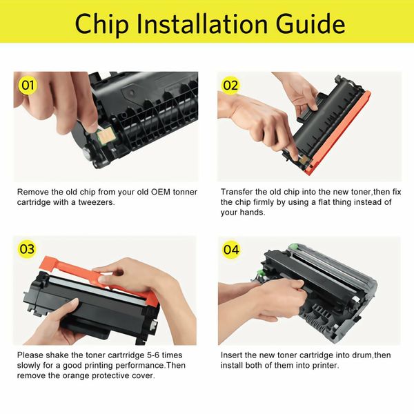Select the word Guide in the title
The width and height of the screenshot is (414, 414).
pyautogui.click(x=310, y=23)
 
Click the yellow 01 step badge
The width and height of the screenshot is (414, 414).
pyautogui.click(x=28, y=86)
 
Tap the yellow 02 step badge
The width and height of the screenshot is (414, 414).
pyautogui.click(x=230, y=86)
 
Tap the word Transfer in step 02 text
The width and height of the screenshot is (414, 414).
pyautogui.click(x=237, y=190)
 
